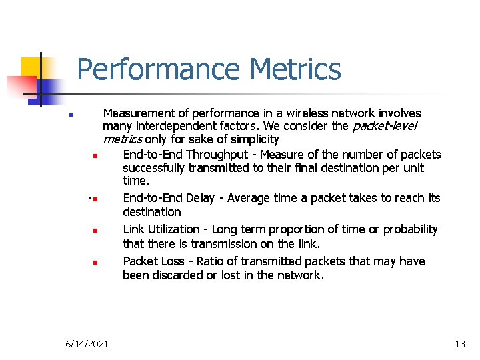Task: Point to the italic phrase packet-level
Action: [384, 127]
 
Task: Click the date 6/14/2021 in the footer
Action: [88, 344]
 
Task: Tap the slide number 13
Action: [459, 344]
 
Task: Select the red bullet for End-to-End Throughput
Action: [96, 157]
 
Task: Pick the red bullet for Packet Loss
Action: [96, 262]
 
